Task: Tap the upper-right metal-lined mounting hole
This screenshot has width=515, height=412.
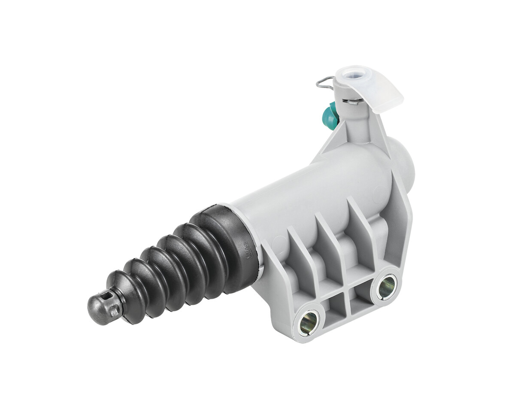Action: click(386, 285)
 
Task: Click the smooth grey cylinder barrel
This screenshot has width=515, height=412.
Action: click(309, 189)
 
